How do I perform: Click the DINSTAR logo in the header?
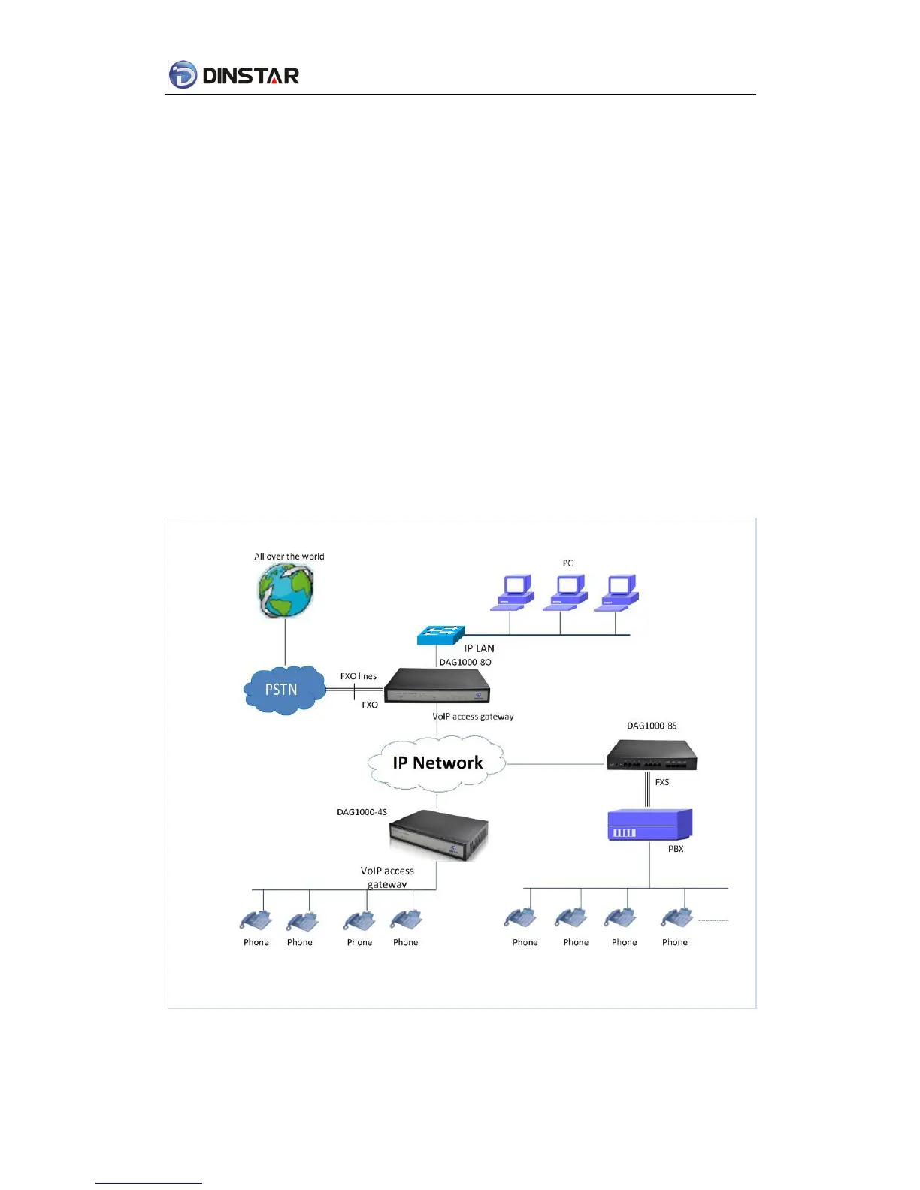tap(234, 75)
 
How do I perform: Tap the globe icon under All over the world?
tap(286, 591)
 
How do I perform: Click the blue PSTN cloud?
tap(283, 690)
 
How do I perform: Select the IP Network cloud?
tap(437, 763)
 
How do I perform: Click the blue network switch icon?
tap(441, 635)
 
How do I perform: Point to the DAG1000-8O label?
tap(465, 662)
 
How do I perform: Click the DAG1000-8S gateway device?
tap(652, 755)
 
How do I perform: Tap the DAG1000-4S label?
tap(362, 812)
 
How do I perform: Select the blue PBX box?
tap(649, 825)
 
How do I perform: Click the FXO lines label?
tap(359, 676)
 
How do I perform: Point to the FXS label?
tap(662, 782)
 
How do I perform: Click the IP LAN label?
tap(479, 648)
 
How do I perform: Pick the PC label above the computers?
tap(567, 563)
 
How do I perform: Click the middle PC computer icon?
tap(568, 592)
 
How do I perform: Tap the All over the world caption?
tap(289, 557)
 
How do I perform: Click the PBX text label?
tap(676, 849)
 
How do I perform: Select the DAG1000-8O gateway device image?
tap(437, 685)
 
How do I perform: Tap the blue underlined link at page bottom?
tap(149, 1182)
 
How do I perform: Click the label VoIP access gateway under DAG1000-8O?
tap(474, 717)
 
